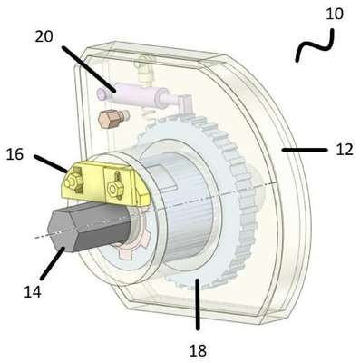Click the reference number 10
pos(335,14)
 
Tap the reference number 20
pos(44,36)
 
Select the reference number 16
pos(15,154)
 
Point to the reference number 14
pos(33,292)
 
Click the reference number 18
pos(198,351)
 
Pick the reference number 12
pos(345,150)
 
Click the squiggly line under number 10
pos(315,45)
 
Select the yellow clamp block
pos(106,183)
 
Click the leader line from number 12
pos(304,150)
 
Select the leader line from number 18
pos(198,304)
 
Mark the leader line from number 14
pos(53,263)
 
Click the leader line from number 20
pos(89,69)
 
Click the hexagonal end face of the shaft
pos(62,231)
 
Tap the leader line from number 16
pos(51,164)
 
